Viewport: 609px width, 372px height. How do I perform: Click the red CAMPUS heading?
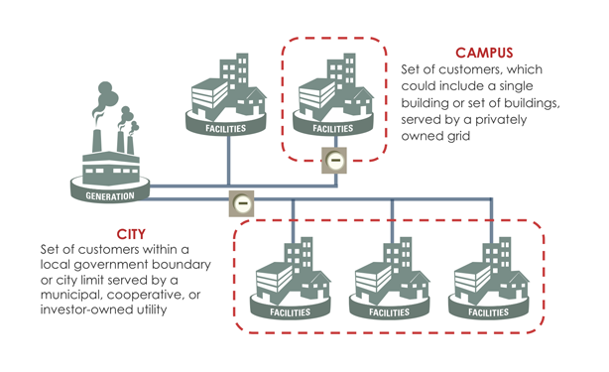click(485, 52)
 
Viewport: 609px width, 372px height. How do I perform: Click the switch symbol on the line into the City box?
click(240, 202)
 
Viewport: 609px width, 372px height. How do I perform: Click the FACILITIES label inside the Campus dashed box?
click(332, 129)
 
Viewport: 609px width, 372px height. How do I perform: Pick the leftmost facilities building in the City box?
click(292, 278)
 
